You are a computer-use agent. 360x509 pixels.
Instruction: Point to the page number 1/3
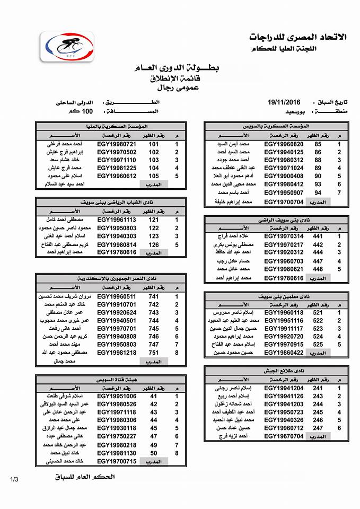14,479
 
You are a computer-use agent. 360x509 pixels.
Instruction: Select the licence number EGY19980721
117,144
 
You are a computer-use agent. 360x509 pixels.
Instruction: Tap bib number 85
318,144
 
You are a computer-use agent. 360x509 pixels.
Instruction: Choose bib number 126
154,244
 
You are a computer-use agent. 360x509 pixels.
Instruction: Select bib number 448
318,269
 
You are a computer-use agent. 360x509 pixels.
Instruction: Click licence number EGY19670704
284,436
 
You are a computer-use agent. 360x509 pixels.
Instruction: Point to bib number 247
318,427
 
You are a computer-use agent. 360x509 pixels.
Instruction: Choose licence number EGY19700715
117,461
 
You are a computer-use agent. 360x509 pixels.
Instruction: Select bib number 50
154,453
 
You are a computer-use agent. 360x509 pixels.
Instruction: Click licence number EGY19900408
284,175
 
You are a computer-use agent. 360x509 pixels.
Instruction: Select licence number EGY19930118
117,428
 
